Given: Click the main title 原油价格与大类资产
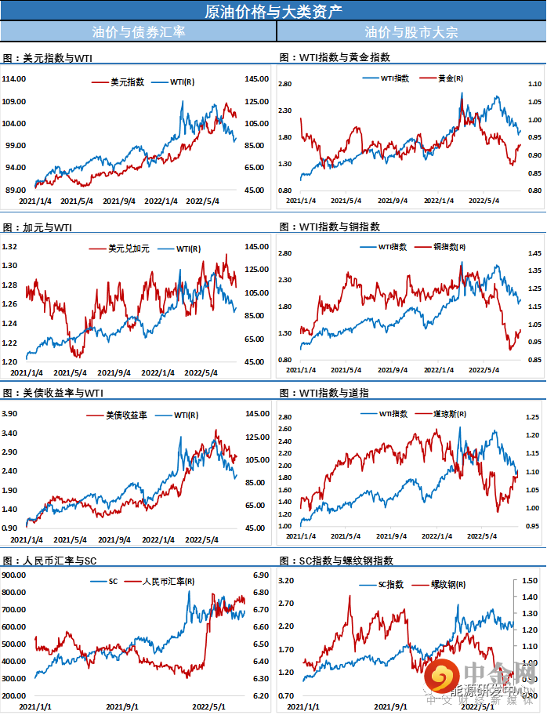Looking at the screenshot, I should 273,11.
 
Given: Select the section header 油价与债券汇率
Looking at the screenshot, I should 138,32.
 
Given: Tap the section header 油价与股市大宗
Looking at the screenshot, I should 411,32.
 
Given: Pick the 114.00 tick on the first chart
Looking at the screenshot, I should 15,79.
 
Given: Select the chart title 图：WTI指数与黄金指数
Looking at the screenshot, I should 335,57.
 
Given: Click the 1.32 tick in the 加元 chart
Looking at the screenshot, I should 11,246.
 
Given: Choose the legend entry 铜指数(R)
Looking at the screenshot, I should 450,246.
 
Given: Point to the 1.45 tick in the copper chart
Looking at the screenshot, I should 534,254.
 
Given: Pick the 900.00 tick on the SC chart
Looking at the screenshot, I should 15,574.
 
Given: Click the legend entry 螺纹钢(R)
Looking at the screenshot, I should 450,584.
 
